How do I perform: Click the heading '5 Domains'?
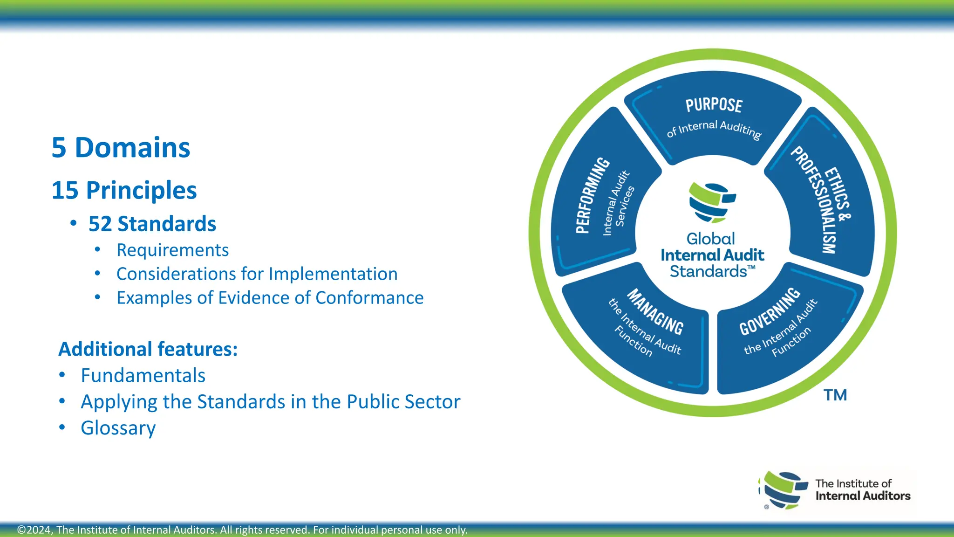121,148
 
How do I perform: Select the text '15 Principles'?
124,190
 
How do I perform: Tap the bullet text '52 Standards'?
152,224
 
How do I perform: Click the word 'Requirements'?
172,250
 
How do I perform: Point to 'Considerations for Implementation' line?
257,274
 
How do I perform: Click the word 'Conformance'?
369,298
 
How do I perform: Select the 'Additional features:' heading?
148,349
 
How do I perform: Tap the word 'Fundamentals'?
143,376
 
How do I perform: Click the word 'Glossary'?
118,428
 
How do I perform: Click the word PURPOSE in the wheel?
714,105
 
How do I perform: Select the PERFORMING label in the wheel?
592,195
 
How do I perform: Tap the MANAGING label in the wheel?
655,312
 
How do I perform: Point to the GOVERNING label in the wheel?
770,311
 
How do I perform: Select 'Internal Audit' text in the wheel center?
712,255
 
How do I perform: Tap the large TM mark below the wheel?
835,395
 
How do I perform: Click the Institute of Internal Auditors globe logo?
784,490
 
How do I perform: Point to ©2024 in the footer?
35,530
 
